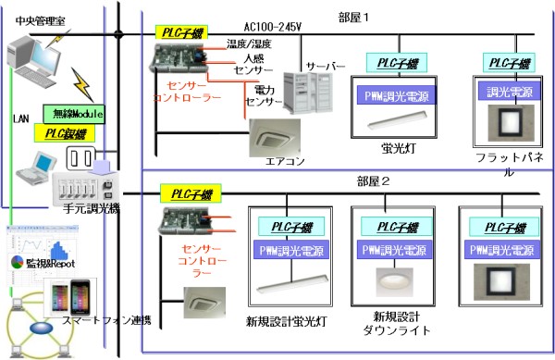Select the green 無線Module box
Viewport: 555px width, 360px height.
(x=73, y=114)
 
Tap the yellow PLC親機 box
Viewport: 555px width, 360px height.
(x=61, y=133)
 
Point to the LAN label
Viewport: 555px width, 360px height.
(x=21, y=119)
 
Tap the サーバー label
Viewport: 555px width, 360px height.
(x=325, y=68)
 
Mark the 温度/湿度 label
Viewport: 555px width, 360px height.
(x=248, y=43)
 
